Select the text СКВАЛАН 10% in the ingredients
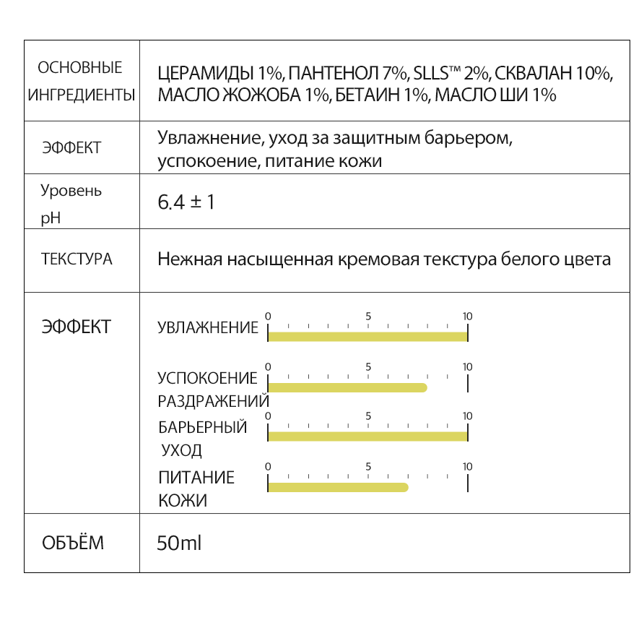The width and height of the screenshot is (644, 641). [x=553, y=74]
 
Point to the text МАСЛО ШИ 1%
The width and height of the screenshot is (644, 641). [x=496, y=95]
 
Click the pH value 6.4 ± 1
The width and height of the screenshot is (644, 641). [x=186, y=202]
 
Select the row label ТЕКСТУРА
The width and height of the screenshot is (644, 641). [x=77, y=259]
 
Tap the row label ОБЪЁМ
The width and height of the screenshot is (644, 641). [x=73, y=543]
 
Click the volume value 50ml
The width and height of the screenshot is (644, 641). [x=179, y=543]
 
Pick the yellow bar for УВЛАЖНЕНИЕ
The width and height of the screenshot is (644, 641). [x=368, y=336]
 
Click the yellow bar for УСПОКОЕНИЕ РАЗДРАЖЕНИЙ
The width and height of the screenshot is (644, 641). [x=347, y=387]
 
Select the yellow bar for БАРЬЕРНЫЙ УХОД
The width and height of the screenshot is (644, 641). [x=368, y=436]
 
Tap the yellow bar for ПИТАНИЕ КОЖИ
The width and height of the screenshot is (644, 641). [x=338, y=487]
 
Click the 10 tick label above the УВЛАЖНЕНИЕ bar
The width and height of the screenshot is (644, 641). [x=467, y=317]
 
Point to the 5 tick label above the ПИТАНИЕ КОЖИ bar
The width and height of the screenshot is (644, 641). [x=368, y=466]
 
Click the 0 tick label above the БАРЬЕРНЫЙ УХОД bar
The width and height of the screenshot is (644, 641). [x=268, y=416]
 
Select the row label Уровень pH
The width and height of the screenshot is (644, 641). [x=71, y=203]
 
